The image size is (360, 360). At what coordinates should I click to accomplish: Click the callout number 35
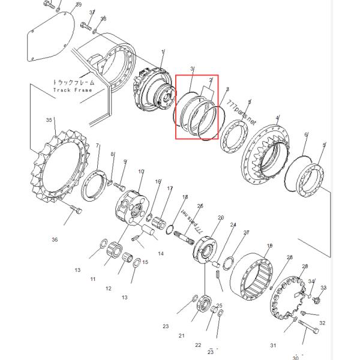pyautogui.click(x=49, y=120)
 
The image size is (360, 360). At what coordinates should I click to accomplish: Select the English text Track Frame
pyautogui.click(x=73, y=90)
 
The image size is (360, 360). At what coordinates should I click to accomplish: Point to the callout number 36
pyautogui.click(x=55, y=239)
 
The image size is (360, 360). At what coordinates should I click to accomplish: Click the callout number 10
pyautogui.click(x=141, y=172)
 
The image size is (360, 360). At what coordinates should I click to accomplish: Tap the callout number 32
pyautogui.click(x=322, y=323)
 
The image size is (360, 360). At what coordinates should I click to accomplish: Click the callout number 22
pyautogui.click(x=198, y=345)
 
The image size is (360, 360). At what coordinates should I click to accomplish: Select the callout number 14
pyautogui.click(x=160, y=254)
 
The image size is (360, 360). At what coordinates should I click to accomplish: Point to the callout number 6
pyautogui.click(x=305, y=136)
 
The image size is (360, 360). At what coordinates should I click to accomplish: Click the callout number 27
pyautogui.click(x=246, y=232)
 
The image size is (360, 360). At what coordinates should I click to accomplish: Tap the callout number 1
pyautogui.click(x=162, y=53)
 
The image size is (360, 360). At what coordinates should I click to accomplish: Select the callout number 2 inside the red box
pyautogui.click(x=211, y=79)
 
